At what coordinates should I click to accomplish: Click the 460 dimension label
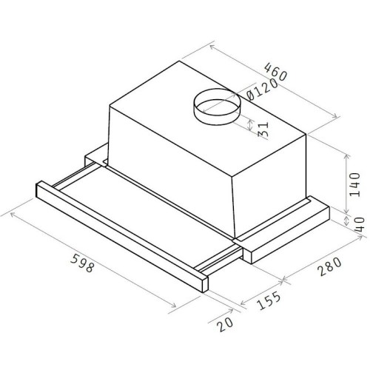click(x=276, y=72)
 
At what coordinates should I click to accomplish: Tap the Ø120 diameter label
click(x=262, y=90)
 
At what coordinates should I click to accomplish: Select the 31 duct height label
click(x=263, y=129)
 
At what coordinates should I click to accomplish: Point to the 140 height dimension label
click(x=355, y=184)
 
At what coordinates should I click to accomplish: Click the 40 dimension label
click(x=360, y=224)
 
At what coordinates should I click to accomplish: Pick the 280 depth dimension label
click(x=330, y=266)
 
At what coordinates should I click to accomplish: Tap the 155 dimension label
click(x=269, y=300)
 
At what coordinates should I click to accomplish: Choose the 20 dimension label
click(x=225, y=324)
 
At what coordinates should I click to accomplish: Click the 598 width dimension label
click(x=82, y=263)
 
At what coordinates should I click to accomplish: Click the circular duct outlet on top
click(x=217, y=107)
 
